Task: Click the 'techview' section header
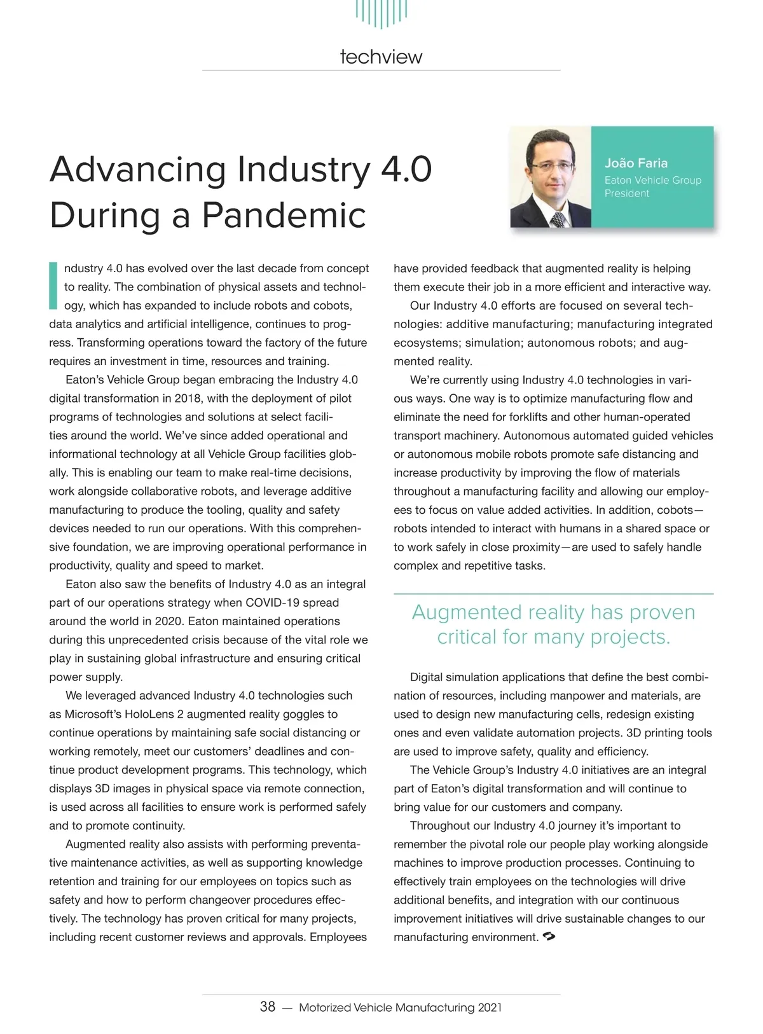381,57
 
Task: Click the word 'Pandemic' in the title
284,215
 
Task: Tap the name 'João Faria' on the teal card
636,163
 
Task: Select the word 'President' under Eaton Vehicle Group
626,193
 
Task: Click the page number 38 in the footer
268,1007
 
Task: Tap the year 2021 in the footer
490,1007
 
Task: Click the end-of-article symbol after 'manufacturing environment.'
549,937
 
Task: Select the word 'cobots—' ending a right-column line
680,510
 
